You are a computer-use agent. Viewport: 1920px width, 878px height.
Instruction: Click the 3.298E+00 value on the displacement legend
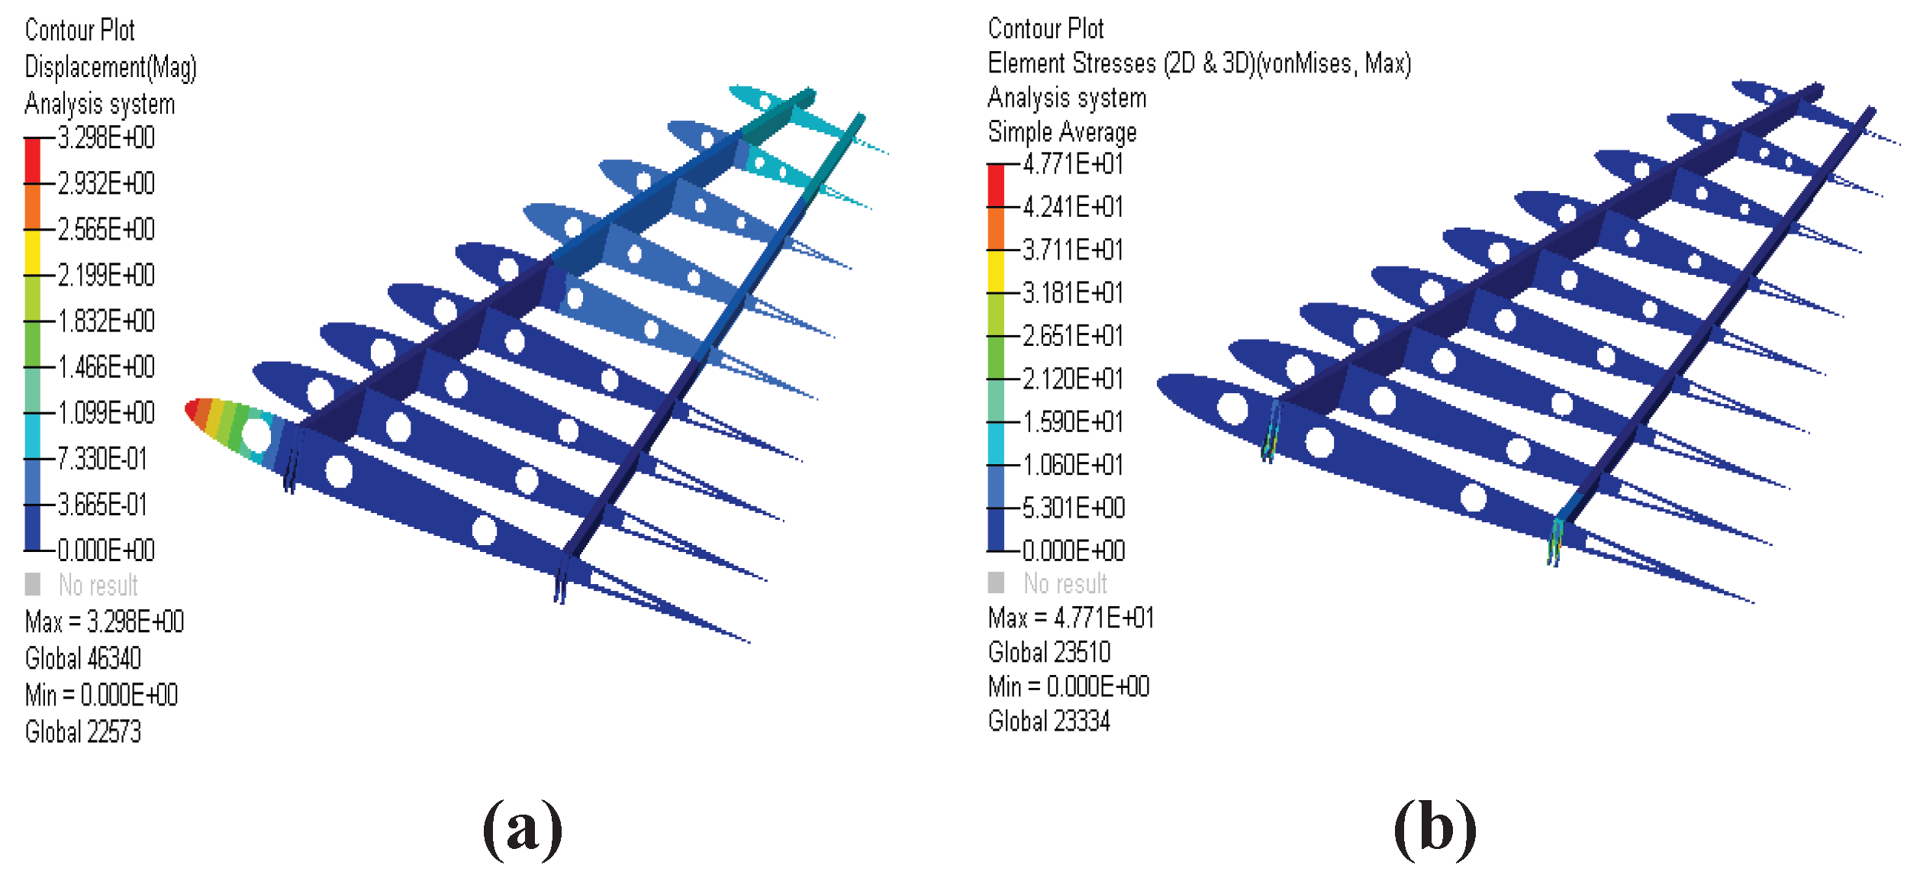pos(106,138)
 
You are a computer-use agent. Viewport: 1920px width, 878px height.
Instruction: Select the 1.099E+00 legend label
pos(106,413)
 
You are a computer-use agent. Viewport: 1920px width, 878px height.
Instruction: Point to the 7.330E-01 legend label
pos(102,459)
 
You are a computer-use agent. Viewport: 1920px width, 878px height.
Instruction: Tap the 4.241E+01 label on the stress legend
pos(1073,207)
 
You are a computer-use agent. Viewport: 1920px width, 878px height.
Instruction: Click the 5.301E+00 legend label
pos(1073,508)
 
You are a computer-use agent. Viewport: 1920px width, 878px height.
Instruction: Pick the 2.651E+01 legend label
pos(1073,336)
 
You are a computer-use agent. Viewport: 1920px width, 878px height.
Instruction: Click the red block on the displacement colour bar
pos(32,161)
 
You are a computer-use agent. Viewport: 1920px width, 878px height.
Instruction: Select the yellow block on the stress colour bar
pos(996,271)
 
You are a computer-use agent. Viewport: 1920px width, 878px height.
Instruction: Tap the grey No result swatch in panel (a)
pos(33,584)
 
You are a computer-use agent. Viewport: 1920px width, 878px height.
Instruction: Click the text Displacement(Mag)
pos(111,67)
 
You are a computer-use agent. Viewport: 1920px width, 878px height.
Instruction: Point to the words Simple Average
pos(1061,132)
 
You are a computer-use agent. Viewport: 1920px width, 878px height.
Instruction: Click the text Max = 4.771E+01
pos(1071,618)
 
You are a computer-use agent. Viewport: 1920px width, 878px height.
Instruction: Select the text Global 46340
pos(83,658)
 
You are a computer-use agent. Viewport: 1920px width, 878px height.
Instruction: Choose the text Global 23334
pos(1049,721)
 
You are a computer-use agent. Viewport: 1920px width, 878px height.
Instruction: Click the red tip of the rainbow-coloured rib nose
pos(193,411)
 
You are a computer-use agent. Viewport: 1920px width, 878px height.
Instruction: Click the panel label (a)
pos(523,829)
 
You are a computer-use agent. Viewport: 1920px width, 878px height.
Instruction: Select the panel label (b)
pos(1435,829)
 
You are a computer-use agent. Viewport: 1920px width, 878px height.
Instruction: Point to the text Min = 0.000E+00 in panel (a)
pos(101,695)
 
